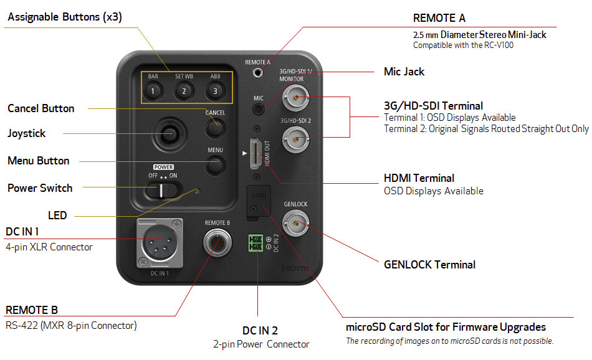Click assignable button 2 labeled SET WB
[x=184, y=92]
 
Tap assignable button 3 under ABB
[x=214, y=92]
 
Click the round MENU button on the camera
[x=215, y=165]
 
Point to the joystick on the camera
[x=168, y=133]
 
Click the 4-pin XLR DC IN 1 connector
[x=160, y=243]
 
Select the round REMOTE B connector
[x=217, y=244]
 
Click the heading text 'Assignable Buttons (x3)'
[x=65, y=17]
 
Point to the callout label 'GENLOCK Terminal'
[x=429, y=265]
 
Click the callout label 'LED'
[x=57, y=216]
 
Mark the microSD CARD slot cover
[x=259, y=201]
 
